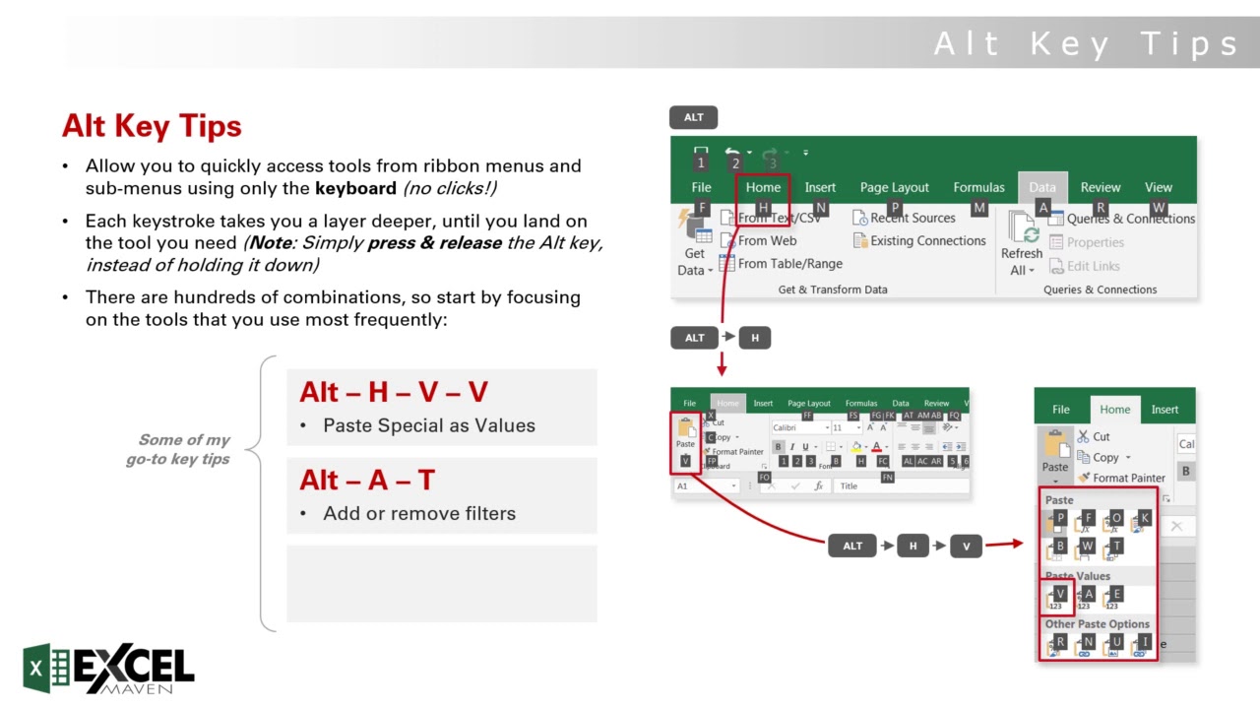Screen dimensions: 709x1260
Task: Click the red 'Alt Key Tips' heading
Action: [x=152, y=126]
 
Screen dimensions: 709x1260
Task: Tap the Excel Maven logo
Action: [x=109, y=669]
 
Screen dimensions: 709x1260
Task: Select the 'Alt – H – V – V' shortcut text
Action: [x=394, y=392]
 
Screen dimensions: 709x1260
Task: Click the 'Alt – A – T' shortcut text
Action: [x=367, y=480]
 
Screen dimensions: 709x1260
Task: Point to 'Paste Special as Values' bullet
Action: [x=429, y=425]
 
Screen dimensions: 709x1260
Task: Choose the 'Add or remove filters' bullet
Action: [x=419, y=513]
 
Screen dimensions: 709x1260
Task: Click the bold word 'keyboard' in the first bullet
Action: [x=356, y=188]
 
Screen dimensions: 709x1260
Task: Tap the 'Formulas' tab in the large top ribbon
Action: [x=978, y=187]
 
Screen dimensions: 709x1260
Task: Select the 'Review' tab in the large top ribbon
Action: [x=1100, y=187]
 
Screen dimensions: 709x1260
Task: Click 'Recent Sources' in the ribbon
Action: [x=912, y=218]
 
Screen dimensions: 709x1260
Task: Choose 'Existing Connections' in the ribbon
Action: [x=927, y=240]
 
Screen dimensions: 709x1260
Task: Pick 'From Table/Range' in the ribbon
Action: [x=789, y=263]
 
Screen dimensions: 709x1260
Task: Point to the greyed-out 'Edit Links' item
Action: [x=1093, y=266]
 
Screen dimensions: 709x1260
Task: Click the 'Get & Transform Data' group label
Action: [x=833, y=290]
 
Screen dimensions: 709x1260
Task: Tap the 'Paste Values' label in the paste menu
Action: [x=1077, y=576]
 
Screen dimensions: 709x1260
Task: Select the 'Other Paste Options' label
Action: [x=1097, y=624]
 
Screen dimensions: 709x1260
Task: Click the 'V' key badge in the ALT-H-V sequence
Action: [x=966, y=547]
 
